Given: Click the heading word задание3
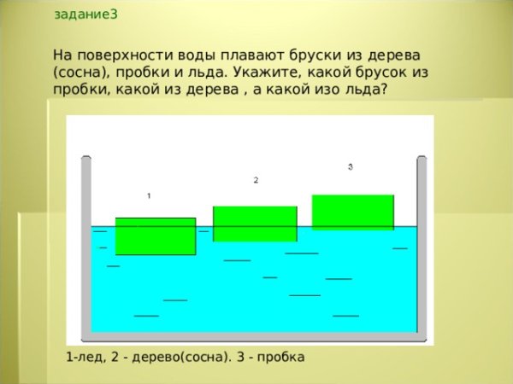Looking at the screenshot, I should tap(86, 15).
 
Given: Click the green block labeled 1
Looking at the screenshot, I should tap(156, 236).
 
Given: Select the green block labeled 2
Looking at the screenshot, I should tap(255, 224).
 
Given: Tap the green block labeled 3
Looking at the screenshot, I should tap(353, 212).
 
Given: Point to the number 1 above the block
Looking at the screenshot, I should tap(149, 195).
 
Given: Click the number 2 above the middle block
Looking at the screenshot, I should tap(256, 180).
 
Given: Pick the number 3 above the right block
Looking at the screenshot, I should tap(351, 167).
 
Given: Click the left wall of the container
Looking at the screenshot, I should tap(85, 247).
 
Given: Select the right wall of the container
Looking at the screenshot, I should tap(422, 247).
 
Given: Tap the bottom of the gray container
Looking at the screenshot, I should tap(253, 336).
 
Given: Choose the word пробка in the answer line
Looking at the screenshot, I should tap(278, 357).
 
